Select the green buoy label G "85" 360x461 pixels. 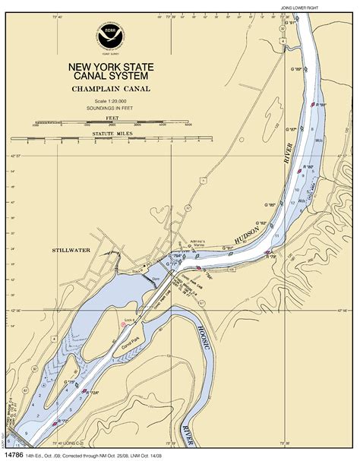(x=270, y=204)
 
